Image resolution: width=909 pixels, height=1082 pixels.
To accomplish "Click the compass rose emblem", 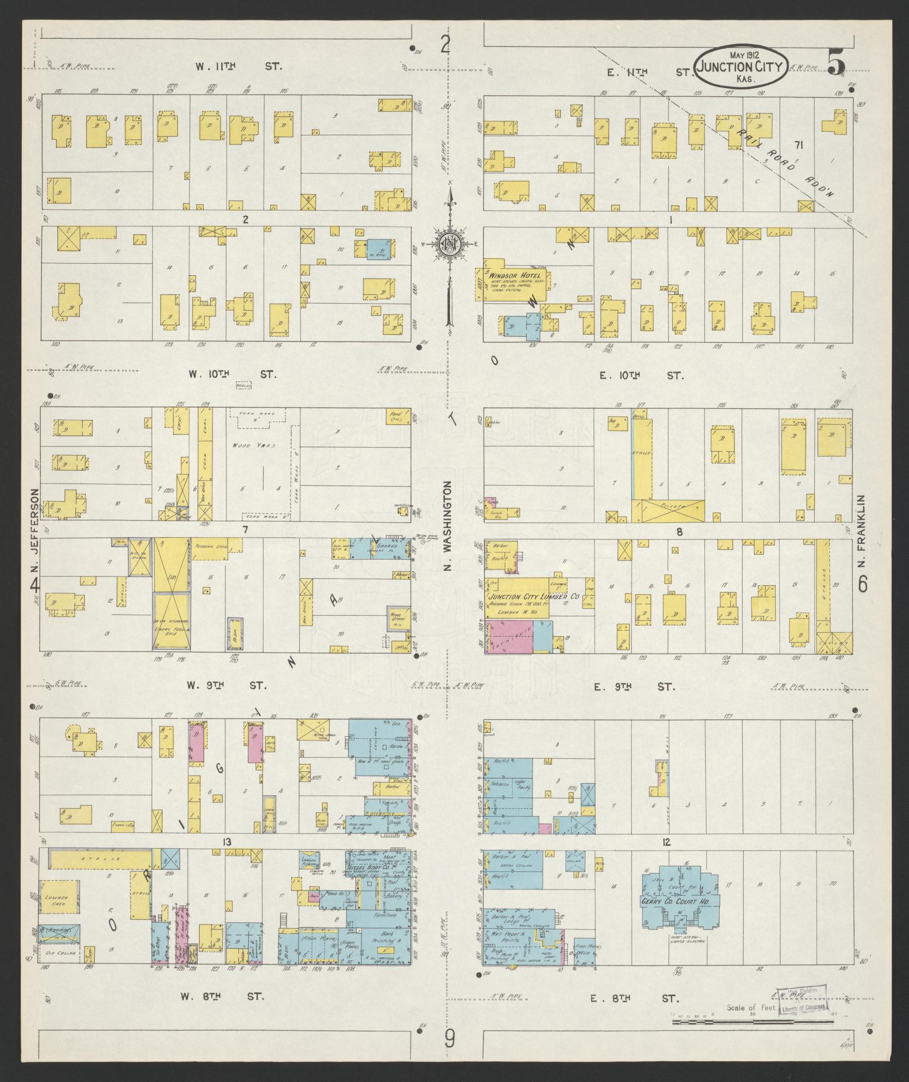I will click(x=450, y=247).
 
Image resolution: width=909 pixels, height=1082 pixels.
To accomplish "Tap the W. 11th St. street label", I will click(x=239, y=67).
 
